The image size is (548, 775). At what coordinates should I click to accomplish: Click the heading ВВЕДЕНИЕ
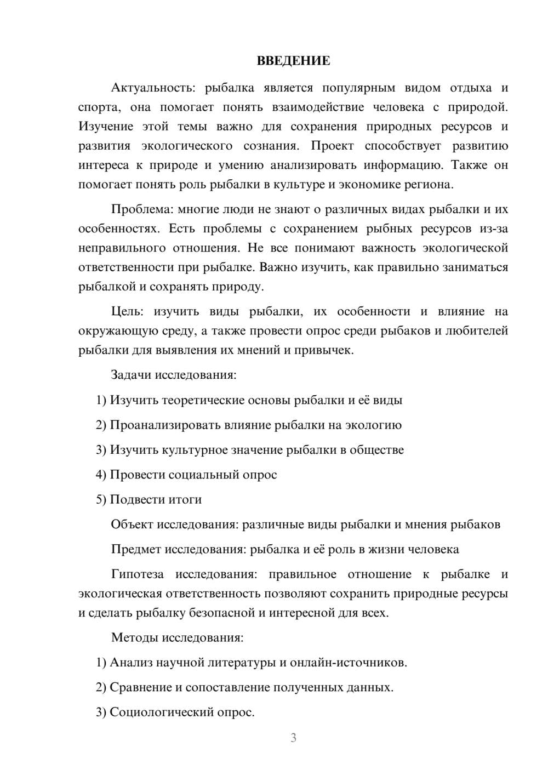coord(293,61)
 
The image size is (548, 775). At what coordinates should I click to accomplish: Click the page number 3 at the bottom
coord(293,738)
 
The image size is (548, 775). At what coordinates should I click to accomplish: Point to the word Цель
coord(127,311)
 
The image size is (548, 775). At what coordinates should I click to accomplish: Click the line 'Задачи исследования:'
coord(174,375)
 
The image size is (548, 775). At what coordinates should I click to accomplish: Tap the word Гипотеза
coord(137,574)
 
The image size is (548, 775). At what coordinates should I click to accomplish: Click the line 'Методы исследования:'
coord(177,637)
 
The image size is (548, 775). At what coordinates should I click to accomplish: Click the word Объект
coord(132,525)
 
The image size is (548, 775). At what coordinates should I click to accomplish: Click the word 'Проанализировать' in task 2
coord(157,425)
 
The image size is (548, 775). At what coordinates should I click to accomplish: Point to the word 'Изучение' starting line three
coord(105,127)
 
